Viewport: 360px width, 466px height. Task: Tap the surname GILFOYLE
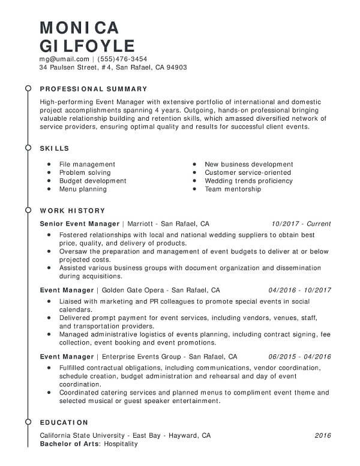[x=87, y=46]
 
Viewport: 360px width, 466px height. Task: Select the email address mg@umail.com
[x=64, y=59]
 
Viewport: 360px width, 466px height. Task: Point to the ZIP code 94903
[x=176, y=67]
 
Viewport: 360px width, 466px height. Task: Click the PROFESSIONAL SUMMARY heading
[x=94, y=88]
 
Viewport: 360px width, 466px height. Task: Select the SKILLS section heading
[x=54, y=148]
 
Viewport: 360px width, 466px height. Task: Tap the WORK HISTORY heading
[x=72, y=211]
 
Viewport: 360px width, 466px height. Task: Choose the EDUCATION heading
[x=64, y=422]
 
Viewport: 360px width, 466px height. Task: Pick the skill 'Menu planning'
[x=83, y=189]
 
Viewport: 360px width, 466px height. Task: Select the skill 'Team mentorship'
[x=233, y=189]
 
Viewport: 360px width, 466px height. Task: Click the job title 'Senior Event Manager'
[x=79, y=223]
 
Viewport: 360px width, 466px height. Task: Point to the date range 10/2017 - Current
[x=301, y=223]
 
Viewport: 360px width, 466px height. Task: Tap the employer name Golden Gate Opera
[x=131, y=289]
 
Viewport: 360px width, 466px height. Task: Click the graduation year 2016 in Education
[x=323, y=435]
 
